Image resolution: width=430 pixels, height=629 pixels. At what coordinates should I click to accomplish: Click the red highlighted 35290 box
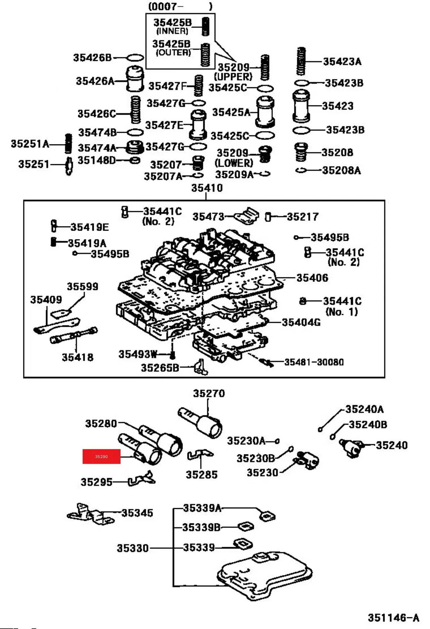(x=101, y=456)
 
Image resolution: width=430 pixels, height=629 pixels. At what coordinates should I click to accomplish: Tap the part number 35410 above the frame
(x=207, y=188)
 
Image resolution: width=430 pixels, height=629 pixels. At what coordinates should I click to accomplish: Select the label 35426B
(x=92, y=58)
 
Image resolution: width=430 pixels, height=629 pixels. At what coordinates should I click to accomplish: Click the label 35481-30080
(x=314, y=362)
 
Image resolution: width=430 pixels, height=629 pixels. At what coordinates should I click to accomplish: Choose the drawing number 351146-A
(x=393, y=618)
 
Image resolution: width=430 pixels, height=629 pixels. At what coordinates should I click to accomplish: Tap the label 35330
(x=133, y=548)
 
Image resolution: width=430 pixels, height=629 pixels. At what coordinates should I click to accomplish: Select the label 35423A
(x=342, y=61)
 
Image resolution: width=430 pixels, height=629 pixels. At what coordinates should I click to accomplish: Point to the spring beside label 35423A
(x=301, y=61)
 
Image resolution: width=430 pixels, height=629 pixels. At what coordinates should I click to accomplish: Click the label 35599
(x=83, y=286)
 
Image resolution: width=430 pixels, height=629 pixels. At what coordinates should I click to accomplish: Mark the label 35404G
(x=301, y=322)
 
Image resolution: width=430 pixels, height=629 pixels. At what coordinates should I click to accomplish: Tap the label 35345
(x=137, y=513)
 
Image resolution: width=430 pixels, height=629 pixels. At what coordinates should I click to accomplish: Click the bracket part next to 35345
(x=91, y=514)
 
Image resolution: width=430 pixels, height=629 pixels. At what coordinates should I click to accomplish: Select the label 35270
(x=209, y=393)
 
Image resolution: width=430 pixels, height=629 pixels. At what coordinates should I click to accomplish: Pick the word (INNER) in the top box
(x=172, y=31)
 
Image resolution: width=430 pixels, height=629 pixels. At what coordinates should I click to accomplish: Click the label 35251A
(x=30, y=144)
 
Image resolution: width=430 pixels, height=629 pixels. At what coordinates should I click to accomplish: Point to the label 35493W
(x=138, y=354)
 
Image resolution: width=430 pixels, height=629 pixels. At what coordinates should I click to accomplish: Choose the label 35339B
(x=201, y=527)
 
